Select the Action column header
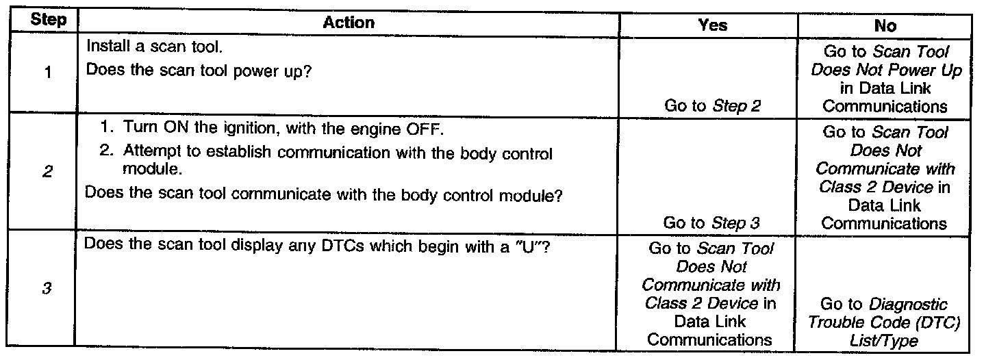coord(349,23)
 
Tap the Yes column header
coord(712,25)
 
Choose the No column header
coord(885,25)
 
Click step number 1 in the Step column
coord(48,74)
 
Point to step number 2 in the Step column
coord(48,172)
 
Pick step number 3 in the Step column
coord(48,290)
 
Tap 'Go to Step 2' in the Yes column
coord(712,105)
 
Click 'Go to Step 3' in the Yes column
coord(712,223)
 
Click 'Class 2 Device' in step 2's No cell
coord(875,187)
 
